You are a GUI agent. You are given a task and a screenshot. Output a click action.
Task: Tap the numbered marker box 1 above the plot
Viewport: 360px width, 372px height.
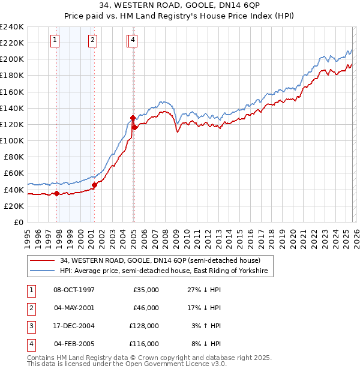tap(55, 40)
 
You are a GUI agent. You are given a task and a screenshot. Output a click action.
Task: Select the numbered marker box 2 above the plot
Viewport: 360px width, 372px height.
tap(93, 40)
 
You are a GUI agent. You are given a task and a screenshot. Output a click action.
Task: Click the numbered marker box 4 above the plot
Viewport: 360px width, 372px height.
tap(133, 40)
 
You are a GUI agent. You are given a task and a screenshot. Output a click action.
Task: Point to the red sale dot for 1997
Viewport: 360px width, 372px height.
tap(57, 193)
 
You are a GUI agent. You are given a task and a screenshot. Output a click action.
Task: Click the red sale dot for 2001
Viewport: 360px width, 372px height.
tap(94, 185)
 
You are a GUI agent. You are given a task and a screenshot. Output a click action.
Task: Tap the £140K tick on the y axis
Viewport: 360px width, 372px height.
tap(12, 108)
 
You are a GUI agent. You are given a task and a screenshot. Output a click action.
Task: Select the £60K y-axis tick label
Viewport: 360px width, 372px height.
tap(14, 173)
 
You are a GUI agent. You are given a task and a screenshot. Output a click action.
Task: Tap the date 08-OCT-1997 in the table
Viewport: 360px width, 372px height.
tap(74, 290)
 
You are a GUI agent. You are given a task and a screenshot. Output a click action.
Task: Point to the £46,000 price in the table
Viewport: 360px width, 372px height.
tap(147, 308)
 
